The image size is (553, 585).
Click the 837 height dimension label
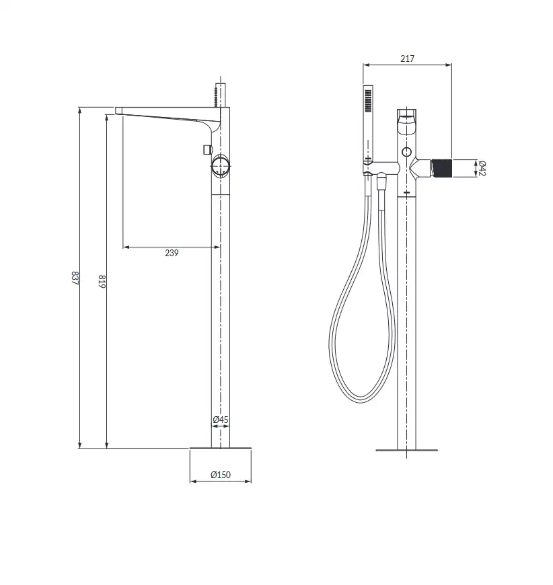(75, 278)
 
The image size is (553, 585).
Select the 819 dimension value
(102, 281)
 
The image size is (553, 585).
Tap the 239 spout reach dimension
(172, 253)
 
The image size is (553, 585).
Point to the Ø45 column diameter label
(221, 420)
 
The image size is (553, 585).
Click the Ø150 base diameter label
(221, 475)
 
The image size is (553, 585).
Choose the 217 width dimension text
(408, 58)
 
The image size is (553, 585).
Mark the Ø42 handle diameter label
(481, 168)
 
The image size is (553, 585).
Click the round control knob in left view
(220, 165)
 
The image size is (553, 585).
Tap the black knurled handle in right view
(442, 168)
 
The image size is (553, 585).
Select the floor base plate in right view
(406, 451)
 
